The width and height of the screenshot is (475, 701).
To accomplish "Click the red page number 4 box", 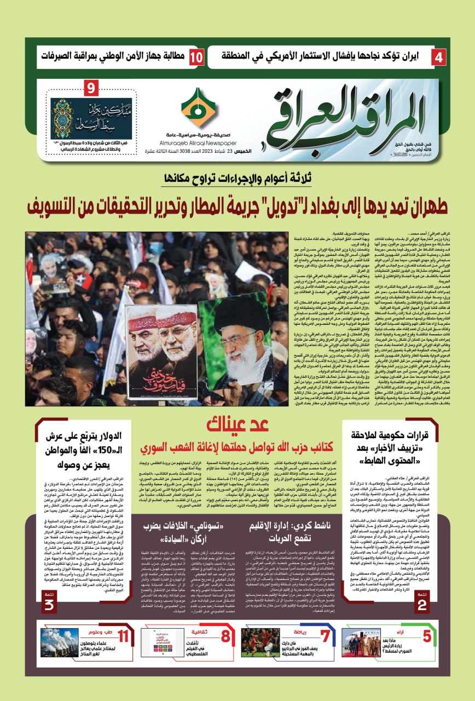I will [x=438, y=57].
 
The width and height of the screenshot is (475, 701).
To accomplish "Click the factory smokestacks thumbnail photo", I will [x=59, y=642].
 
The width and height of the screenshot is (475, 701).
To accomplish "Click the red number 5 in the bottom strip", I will [x=426, y=636].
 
